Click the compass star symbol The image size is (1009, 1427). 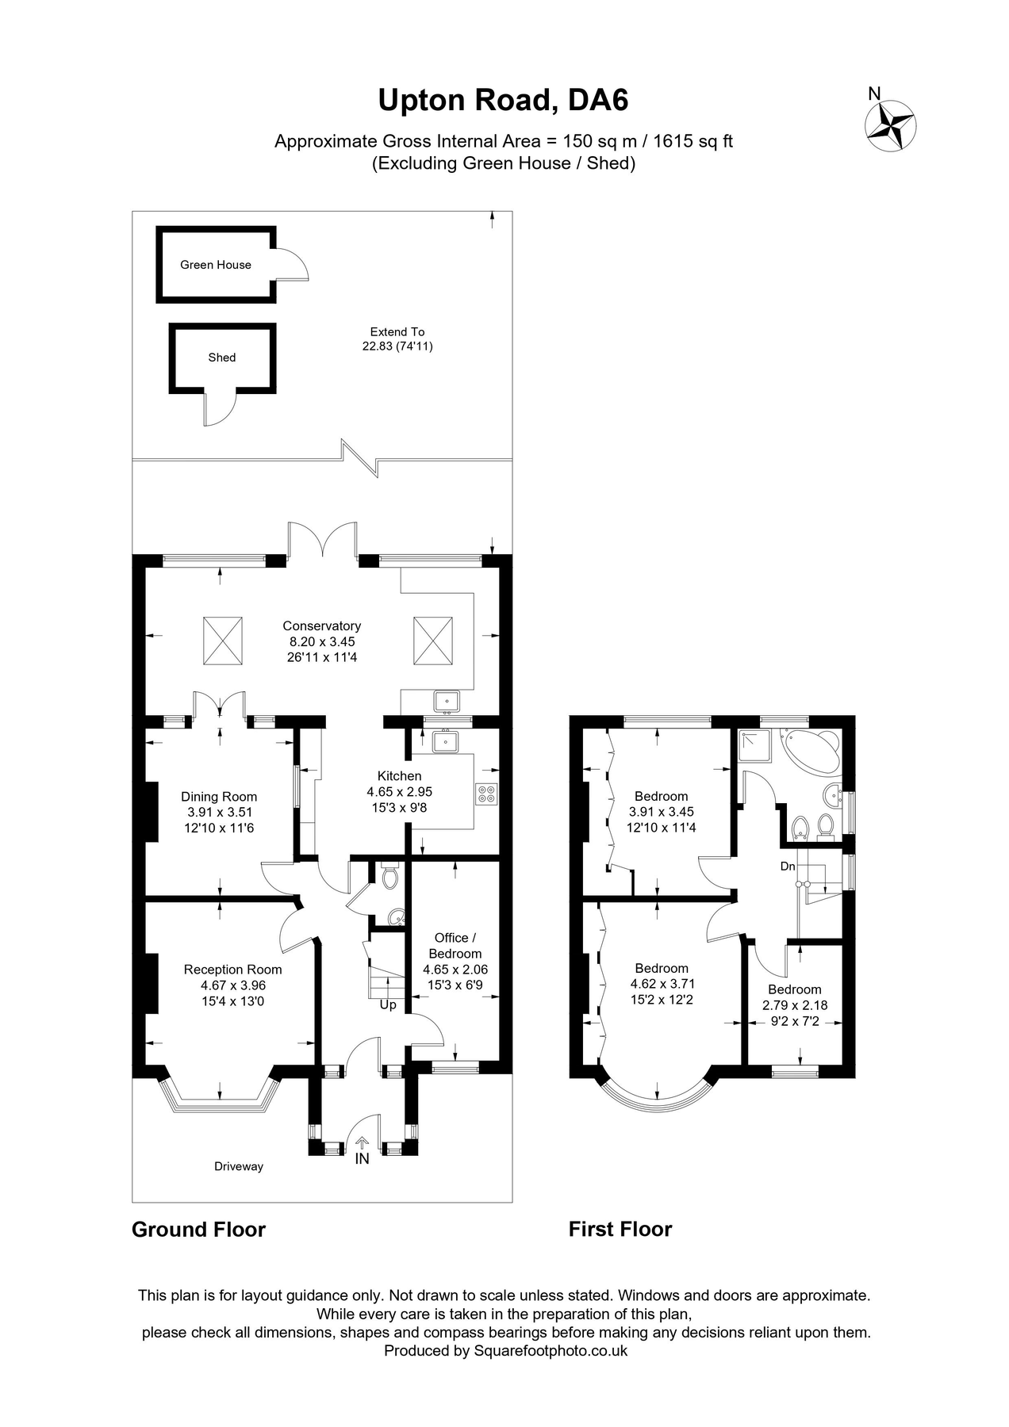pyautogui.click(x=890, y=126)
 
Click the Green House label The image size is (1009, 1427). pyautogui.click(x=215, y=265)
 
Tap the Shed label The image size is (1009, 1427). pyautogui.click(x=222, y=358)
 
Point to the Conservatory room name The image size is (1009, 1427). pyautogui.click(x=321, y=626)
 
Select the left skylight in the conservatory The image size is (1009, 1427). pyautogui.click(x=223, y=641)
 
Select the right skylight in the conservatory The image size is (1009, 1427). pyautogui.click(x=432, y=641)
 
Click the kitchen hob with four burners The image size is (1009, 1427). pyautogui.click(x=486, y=794)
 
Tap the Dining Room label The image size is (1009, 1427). pyautogui.click(x=219, y=797)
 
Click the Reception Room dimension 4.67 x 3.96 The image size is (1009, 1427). pyautogui.click(x=232, y=985)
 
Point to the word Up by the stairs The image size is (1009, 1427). pyautogui.click(x=388, y=1005)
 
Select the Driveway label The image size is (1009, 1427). pyautogui.click(x=239, y=1166)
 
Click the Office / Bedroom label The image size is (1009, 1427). pyautogui.click(x=455, y=946)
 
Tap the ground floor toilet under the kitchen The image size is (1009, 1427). pyautogui.click(x=389, y=878)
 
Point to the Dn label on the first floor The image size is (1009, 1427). pyautogui.click(x=788, y=867)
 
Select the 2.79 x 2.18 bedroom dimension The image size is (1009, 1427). pyautogui.click(x=794, y=1005)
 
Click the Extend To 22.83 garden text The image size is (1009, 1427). pyautogui.click(x=397, y=339)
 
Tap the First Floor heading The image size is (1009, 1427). pyautogui.click(x=620, y=1230)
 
